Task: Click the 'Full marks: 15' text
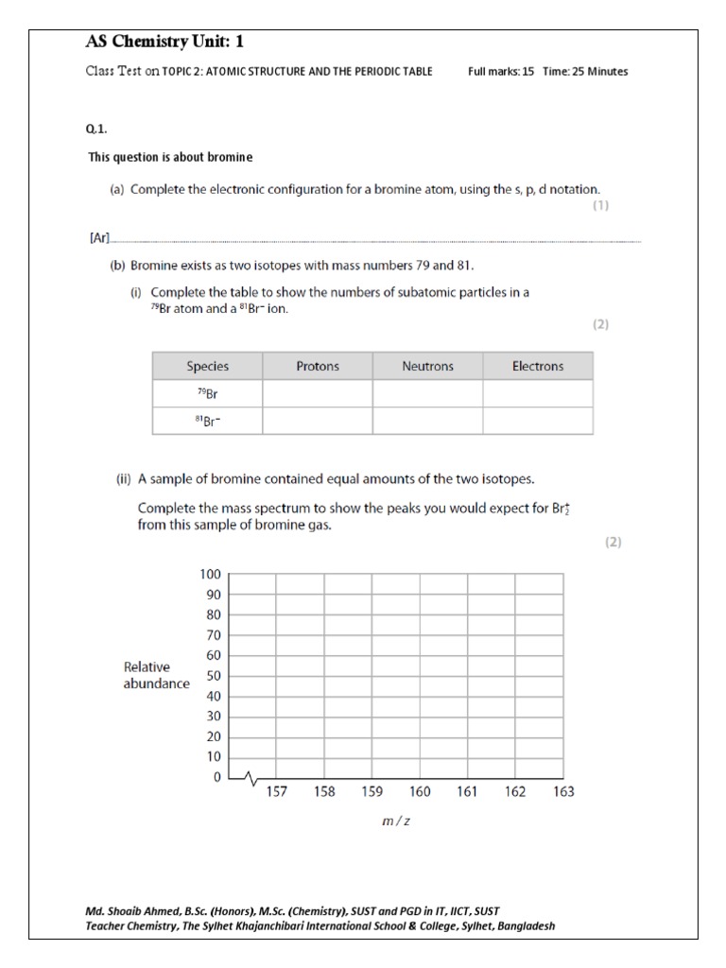coord(502,72)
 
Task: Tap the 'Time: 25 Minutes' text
coord(585,72)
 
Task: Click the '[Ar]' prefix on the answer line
coord(99,240)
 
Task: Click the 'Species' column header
coord(207,366)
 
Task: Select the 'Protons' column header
coord(318,366)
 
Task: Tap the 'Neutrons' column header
coord(427,366)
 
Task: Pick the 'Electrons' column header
coord(538,366)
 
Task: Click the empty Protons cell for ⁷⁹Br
coord(318,393)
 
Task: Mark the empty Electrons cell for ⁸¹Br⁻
coord(538,421)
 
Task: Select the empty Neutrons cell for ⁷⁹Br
coord(427,393)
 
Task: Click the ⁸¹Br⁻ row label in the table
coord(207,421)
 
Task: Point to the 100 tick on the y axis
coord(209,575)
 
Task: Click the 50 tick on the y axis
coord(213,677)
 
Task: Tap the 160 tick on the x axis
coord(420,792)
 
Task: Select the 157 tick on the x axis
coord(275,792)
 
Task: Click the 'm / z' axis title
coord(396,821)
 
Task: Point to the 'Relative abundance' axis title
coord(156,675)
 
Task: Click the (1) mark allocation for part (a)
coord(600,205)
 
